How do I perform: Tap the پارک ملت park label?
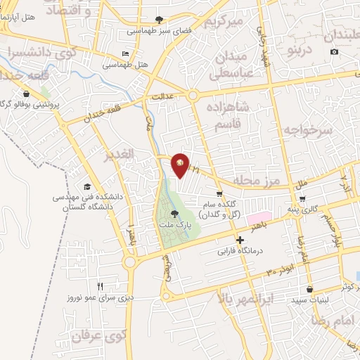[x=174, y=226]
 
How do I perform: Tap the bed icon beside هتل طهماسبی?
[x=125, y=54]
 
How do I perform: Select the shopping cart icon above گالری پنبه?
[x=302, y=198]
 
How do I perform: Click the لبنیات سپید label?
[x=309, y=300]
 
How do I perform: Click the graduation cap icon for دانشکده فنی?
[x=87, y=187]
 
